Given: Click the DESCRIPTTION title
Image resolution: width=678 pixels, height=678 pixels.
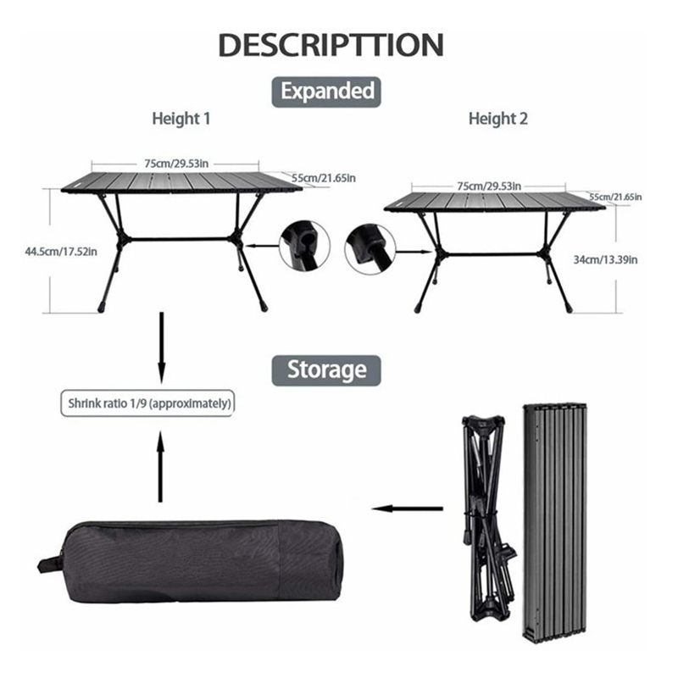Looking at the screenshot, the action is click(x=331, y=45).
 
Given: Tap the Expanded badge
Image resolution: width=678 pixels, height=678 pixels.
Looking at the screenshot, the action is click(x=326, y=92).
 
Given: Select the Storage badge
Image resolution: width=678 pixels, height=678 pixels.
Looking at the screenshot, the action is click(x=326, y=370).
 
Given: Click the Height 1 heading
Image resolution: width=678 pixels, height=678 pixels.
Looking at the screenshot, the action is click(x=181, y=119).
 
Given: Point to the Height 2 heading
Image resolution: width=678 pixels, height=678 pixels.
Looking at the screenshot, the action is click(x=498, y=119).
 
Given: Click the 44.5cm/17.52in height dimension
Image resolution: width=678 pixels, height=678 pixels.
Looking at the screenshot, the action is click(x=61, y=251).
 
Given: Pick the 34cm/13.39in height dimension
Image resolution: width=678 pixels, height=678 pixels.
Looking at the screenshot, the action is click(x=605, y=259).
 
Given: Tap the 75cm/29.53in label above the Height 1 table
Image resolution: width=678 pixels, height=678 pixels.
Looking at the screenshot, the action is click(x=176, y=164).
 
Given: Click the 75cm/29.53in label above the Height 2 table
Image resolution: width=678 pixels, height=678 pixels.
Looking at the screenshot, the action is click(x=489, y=186).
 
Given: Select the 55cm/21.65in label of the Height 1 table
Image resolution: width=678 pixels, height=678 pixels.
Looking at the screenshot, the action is click(x=324, y=178).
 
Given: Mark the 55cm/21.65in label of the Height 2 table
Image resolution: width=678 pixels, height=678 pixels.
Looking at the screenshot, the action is click(x=616, y=197).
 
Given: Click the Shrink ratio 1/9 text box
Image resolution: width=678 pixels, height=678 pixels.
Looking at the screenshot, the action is click(x=147, y=403).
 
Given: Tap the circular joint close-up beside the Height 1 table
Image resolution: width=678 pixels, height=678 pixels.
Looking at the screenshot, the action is click(x=304, y=246).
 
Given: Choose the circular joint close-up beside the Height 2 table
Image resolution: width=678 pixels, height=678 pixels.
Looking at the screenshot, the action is click(x=370, y=249).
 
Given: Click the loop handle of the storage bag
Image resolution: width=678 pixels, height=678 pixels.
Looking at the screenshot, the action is click(x=50, y=564).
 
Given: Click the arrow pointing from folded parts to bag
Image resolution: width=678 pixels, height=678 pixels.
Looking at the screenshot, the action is click(x=407, y=508).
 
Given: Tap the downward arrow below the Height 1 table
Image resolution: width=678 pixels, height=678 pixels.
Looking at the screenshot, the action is click(x=161, y=347).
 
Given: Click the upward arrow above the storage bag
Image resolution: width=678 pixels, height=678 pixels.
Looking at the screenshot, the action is click(x=161, y=467).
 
